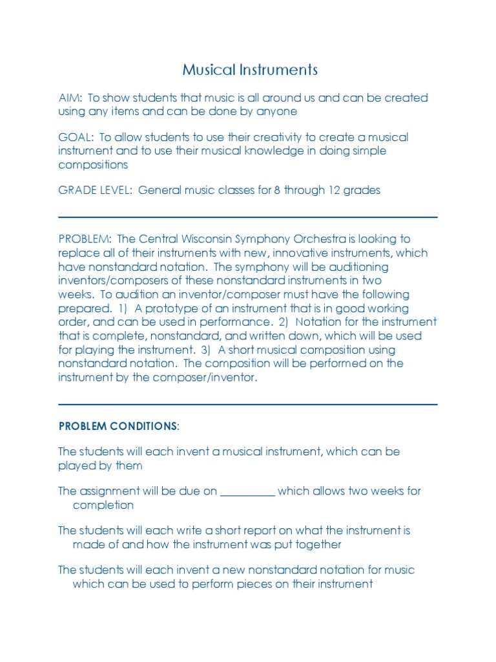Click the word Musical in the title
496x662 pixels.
coord(203,70)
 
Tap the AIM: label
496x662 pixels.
coord(70,98)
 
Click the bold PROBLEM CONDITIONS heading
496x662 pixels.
coord(117,427)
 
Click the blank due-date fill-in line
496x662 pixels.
coord(248,492)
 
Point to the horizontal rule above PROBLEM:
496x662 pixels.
coord(248,217)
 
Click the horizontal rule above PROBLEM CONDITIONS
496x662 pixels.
coord(248,405)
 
